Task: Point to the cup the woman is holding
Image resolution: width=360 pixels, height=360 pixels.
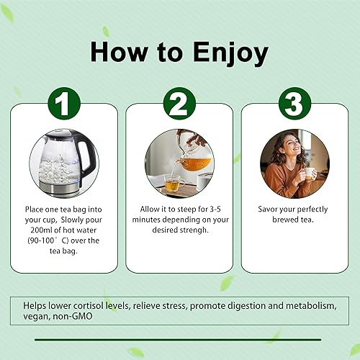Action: coord(310,174)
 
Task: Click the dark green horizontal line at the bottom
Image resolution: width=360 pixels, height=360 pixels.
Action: coord(179,339)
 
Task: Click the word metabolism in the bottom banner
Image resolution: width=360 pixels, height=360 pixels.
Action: coord(315,305)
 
